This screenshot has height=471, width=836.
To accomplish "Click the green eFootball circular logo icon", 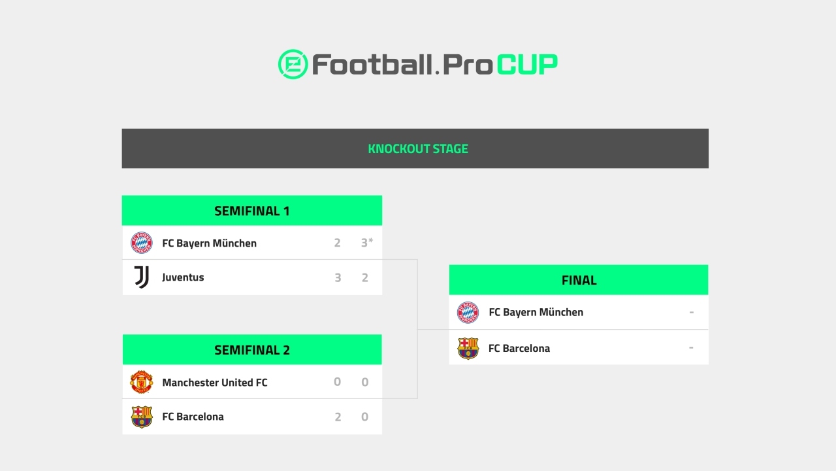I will click(293, 64).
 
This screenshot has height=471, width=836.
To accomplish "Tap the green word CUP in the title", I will click(527, 64).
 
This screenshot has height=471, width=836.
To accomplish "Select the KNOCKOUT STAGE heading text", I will click(418, 148).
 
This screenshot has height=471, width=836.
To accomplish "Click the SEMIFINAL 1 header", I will click(251, 211).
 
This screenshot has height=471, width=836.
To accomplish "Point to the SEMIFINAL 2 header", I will click(251, 350).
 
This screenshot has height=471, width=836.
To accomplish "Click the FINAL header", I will click(579, 280).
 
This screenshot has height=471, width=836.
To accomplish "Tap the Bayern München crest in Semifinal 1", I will click(142, 243).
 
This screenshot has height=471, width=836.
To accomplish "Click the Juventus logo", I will click(142, 277).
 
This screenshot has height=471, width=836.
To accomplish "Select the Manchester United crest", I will click(142, 382).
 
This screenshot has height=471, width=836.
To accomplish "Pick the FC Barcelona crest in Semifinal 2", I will click(142, 417).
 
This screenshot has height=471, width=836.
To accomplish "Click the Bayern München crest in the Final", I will click(468, 313).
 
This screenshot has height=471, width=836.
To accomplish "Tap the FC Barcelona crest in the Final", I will click(468, 348).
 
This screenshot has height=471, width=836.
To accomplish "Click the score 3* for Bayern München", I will click(366, 243).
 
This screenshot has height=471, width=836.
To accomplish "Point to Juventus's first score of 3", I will click(338, 277).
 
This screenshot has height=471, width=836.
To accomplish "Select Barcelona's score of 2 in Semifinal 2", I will click(338, 417).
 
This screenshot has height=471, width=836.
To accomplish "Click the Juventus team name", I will click(183, 277).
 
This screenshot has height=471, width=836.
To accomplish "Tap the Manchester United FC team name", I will click(215, 382).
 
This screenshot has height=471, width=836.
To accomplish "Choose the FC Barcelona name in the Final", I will click(519, 348).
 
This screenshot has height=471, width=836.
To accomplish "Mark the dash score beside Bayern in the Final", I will click(691, 313).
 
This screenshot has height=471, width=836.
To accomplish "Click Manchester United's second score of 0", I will click(365, 382).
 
